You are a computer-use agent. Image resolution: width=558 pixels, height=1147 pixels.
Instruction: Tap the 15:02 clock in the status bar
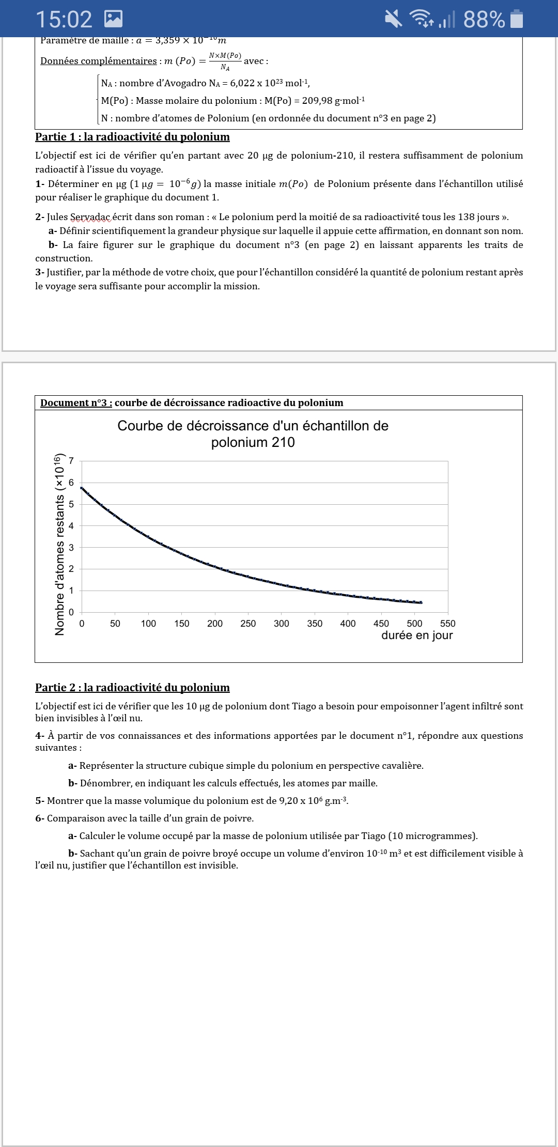pos(64,20)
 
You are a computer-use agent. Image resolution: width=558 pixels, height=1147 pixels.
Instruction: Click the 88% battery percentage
pos(484,20)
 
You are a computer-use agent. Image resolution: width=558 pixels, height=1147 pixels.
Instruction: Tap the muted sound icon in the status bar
pos(394,19)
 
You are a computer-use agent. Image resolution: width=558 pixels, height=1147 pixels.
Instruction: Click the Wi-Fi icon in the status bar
pos(422,19)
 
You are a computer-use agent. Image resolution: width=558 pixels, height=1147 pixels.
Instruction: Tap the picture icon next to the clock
pos(113,19)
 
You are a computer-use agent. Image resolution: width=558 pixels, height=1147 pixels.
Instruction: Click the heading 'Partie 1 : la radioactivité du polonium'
pos(132,137)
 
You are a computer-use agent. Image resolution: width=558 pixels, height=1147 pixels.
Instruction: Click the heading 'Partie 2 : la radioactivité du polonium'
pos(132,688)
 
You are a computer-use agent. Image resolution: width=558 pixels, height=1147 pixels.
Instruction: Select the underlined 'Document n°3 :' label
pos(76,403)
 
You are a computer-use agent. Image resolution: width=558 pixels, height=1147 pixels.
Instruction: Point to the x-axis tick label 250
pos(248,624)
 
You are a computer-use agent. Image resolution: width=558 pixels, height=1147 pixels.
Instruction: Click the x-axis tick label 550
pos(447,624)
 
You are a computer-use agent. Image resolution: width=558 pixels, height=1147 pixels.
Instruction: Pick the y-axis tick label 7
pos(71,461)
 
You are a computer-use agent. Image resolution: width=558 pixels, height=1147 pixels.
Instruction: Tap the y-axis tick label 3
pos(71,547)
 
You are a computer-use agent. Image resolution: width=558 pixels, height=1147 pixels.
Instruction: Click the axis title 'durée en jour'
pos(417,636)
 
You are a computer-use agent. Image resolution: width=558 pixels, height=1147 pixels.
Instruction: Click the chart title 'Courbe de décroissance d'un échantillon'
pos(253,426)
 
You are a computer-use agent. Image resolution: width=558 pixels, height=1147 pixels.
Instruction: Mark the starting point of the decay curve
pos(82,488)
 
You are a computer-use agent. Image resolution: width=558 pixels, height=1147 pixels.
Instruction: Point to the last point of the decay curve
pos(421,602)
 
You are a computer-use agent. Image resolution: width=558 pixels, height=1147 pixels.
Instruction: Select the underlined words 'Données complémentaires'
pos(99,61)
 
